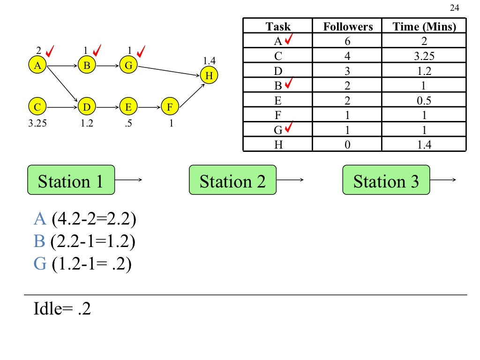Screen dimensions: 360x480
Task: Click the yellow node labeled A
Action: click(37, 66)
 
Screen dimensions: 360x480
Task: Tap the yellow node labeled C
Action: click(37, 107)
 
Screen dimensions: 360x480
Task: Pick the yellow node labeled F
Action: click(170, 107)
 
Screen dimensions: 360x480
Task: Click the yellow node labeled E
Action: click(128, 107)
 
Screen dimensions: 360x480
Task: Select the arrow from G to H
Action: click(169, 70)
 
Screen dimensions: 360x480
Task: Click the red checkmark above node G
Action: click(141, 50)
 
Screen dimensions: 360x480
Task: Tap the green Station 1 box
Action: click(71, 180)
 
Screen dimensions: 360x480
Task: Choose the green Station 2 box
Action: click(232, 180)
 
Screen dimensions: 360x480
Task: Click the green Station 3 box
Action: click(386, 180)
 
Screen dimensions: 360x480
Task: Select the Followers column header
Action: click(347, 27)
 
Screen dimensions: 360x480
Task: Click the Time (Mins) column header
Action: click(424, 27)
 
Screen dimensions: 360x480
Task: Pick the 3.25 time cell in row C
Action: click(424, 56)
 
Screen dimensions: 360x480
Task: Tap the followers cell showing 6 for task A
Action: click(347, 41)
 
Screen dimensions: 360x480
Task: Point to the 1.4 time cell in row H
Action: click(424, 145)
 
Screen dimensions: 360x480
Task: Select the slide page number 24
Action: click(454, 7)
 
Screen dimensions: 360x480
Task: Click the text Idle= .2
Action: click(62, 309)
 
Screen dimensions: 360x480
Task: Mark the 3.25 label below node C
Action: click(37, 125)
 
